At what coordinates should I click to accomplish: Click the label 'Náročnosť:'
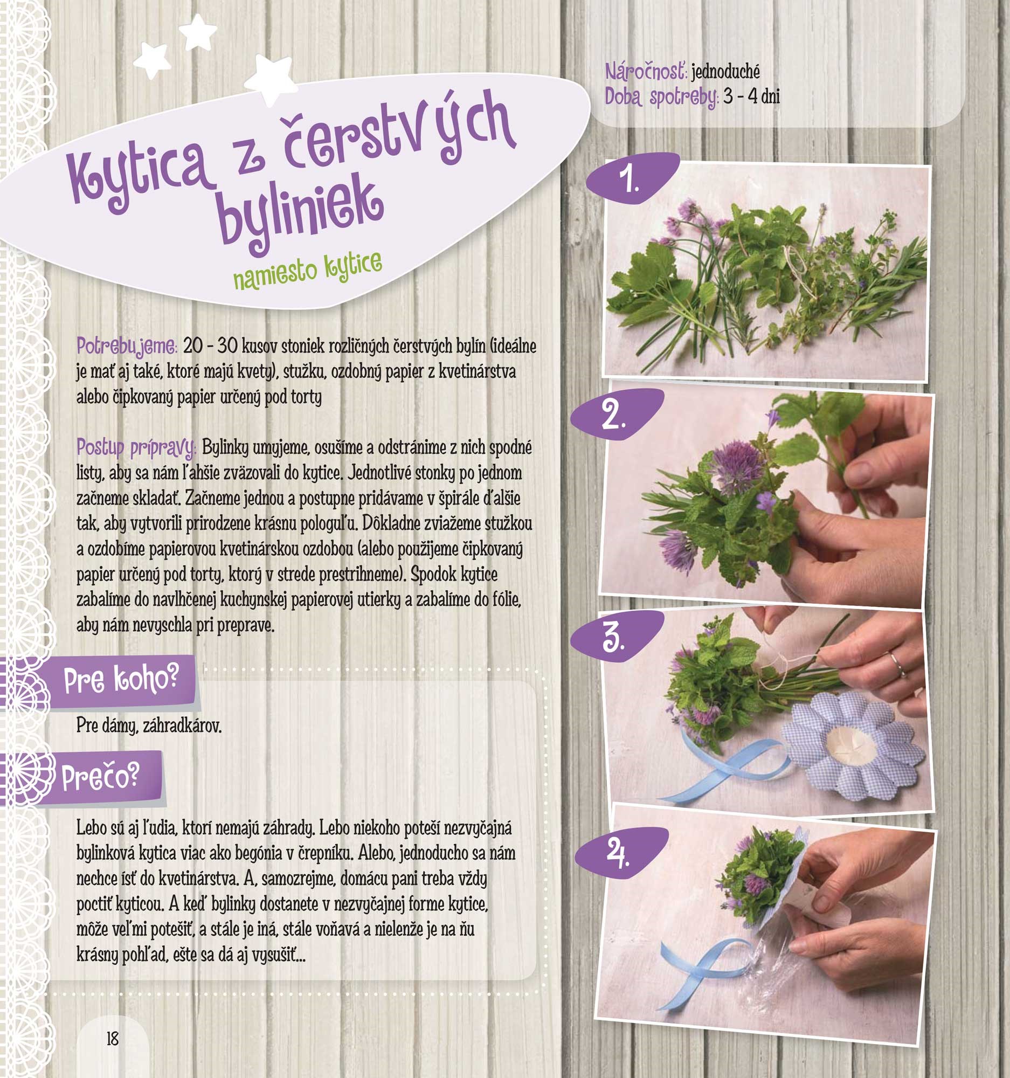coord(646,72)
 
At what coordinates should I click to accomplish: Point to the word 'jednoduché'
coord(725,72)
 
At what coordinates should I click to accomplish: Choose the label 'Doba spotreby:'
coord(662,98)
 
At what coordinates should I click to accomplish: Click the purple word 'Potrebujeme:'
coord(127,346)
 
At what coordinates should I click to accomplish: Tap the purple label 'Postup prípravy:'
coord(136,449)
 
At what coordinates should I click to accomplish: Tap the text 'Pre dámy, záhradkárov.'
coord(149,725)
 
